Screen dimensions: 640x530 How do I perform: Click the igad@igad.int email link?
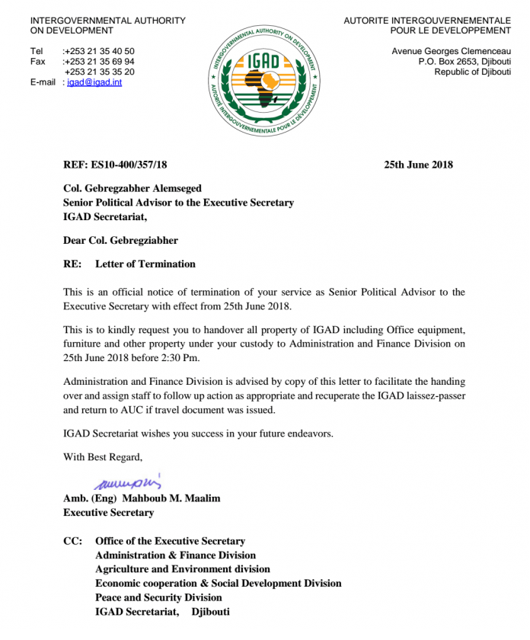[94, 82]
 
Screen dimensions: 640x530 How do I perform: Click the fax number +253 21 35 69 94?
[100, 61]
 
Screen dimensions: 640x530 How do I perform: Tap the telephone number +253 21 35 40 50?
[100, 50]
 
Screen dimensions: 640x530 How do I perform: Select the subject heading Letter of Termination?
[145, 264]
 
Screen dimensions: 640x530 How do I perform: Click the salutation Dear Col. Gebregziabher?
[120, 241]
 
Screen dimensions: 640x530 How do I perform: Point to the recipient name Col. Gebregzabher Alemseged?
[132, 188]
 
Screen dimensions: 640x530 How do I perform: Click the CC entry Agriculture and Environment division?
[182, 569]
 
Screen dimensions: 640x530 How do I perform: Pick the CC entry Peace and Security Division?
[158, 597]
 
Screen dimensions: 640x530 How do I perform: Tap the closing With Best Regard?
[103, 457]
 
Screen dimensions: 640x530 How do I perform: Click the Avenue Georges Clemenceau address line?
[451, 50]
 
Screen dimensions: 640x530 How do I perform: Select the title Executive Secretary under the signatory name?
[108, 513]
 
